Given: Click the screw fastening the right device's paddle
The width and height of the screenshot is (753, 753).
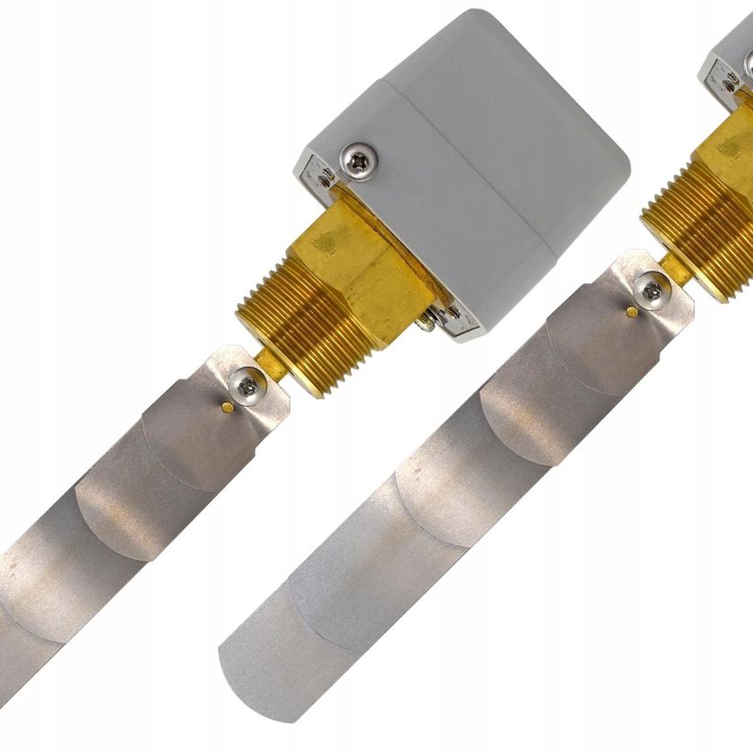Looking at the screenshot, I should point(653,290).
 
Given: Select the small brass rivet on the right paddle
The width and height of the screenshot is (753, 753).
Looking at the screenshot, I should point(633,310).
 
